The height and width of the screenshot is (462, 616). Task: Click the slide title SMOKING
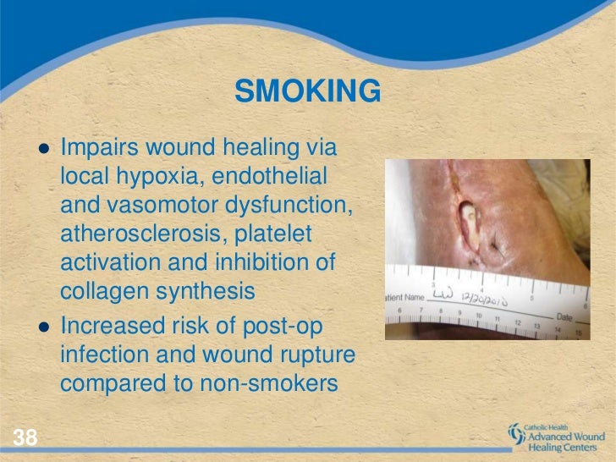[x=307, y=91]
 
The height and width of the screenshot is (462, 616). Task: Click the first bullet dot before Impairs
[x=43, y=147]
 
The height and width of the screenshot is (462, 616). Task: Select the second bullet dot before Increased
[x=43, y=325]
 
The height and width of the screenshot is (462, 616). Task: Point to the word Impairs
[x=101, y=149]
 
